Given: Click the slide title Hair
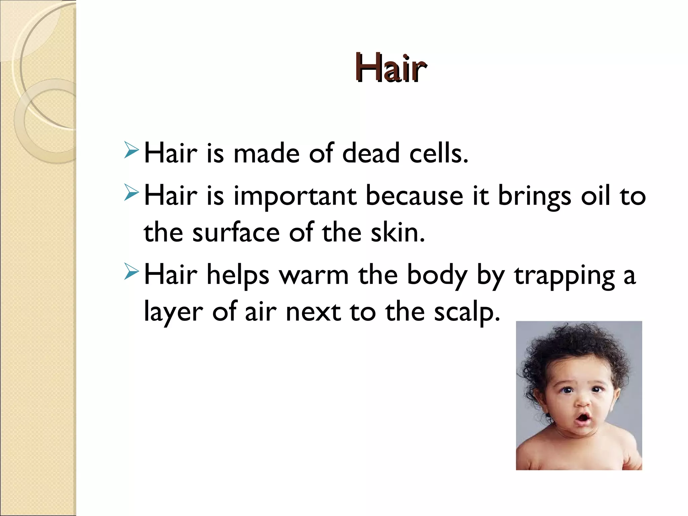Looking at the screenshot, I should (x=390, y=68).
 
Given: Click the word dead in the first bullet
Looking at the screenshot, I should (x=371, y=154).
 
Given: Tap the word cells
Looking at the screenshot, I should (x=438, y=154).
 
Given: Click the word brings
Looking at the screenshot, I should (x=534, y=197).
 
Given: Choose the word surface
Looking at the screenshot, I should (x=236, y=233).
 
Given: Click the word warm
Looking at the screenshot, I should (x=314, y=275).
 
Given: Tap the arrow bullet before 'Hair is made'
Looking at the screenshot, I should (x=131, y=150).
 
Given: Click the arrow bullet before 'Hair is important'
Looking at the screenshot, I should (x=131, y=192).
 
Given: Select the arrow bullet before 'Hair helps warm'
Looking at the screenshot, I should (x=131, y=271).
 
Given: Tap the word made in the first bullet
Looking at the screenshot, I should (x=266, y=154).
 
